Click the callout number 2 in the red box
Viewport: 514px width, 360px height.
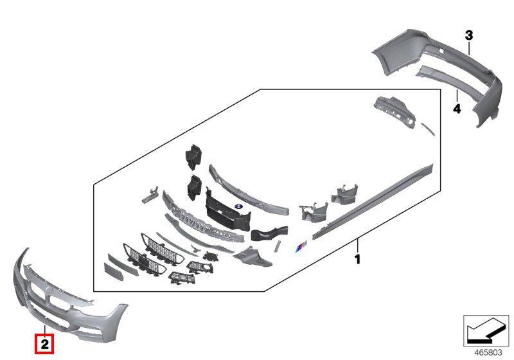(x=44, y=345)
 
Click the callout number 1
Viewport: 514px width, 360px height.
(x=358, y=259)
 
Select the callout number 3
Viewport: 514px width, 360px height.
(x=469, y=35)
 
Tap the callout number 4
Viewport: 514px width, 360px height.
(x=457, y=109)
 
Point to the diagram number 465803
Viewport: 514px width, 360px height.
(x=488, y=352)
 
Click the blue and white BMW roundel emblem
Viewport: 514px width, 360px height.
(x=238, y=206)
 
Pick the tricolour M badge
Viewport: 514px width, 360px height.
(x=301, y=246)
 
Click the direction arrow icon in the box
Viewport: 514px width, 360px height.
(x=486, y=331)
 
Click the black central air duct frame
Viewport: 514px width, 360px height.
(x=227, y=210)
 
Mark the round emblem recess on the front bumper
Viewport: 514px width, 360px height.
(x=49, y=290)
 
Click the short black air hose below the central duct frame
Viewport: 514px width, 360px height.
(x=269, y=233)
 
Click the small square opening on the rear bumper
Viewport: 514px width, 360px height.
(x=441, y=51)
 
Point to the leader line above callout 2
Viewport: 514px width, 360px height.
(x=44, y=332)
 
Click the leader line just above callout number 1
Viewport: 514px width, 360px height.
(x=358, y=246)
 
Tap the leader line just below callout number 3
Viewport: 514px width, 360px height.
(x=470, y=48)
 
